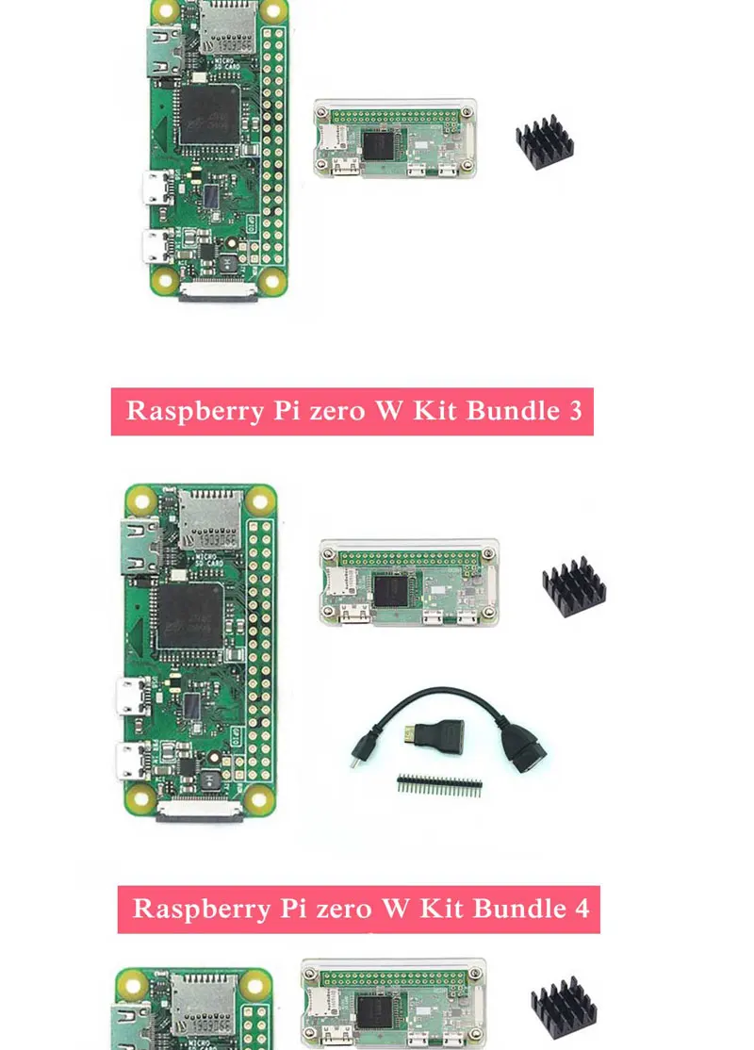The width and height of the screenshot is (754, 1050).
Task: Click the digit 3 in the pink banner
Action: coord(574,412)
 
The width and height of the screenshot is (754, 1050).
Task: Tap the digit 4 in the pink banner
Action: coord(581,909)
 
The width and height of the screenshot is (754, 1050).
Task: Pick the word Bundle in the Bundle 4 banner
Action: coord(517,909)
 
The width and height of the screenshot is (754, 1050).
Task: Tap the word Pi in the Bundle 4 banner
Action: coord(296,909)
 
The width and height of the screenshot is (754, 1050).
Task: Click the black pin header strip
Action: coord(439,783)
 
